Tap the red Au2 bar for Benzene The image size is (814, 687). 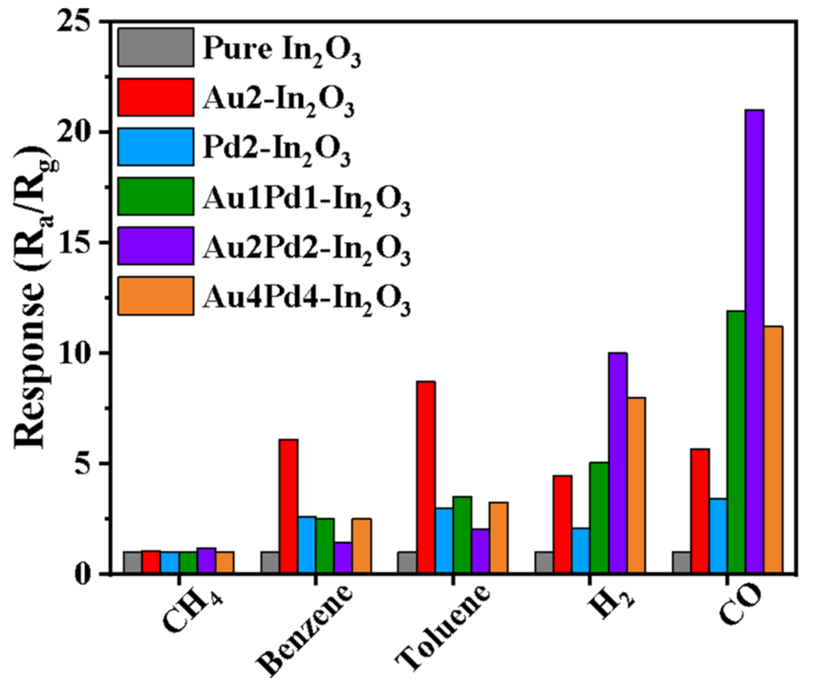[x=288, y=507]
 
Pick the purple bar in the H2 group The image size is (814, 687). [x=617, y=463]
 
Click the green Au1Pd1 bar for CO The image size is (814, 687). [x=736, y=442]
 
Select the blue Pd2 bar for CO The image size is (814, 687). [x=717, y=542]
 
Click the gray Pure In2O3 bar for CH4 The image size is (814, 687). [x=132, y=563]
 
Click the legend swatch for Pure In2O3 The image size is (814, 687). [x=155, y=47]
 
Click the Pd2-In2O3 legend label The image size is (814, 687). [x=277, y=150]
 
